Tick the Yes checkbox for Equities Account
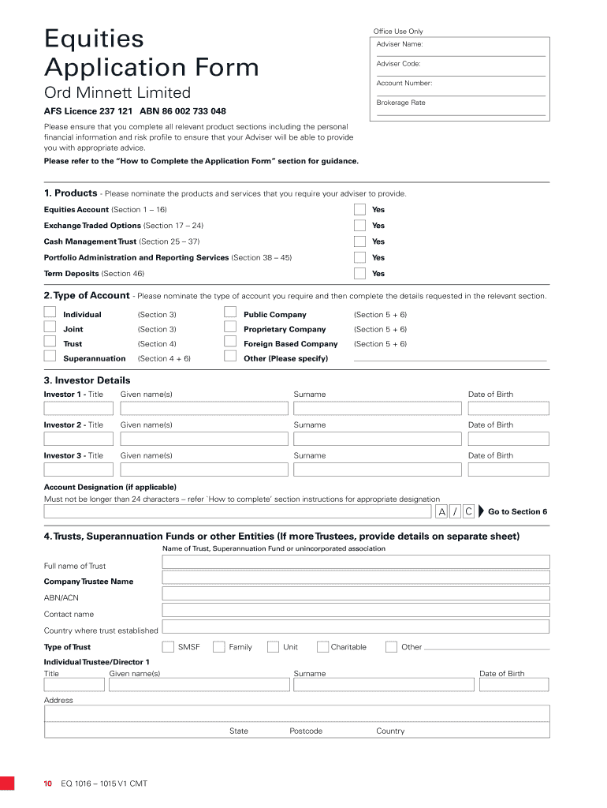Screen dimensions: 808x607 (359, 210)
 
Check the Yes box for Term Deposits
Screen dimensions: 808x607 (359, 274)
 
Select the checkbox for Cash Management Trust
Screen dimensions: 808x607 (359, 241)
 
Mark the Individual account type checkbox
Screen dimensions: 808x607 (50, 312)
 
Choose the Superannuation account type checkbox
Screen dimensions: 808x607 (50, 356)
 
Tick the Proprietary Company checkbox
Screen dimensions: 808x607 (230, 327)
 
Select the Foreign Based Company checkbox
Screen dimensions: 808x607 (230, 342)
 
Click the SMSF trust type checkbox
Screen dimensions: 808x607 (168, 647)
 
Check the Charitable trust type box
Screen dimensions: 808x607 (322, 647)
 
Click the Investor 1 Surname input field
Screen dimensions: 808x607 (378, 408)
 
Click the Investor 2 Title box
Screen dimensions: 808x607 (78, 439)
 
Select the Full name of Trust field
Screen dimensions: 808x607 (356, 562)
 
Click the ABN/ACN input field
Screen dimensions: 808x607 (356, 594)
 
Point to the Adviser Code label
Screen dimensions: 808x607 (399, 64)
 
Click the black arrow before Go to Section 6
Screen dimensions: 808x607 (481, 511)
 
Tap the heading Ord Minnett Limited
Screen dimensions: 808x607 (117, 93)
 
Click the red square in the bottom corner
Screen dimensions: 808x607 (7, 784)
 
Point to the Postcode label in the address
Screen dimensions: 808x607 (306, 731)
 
